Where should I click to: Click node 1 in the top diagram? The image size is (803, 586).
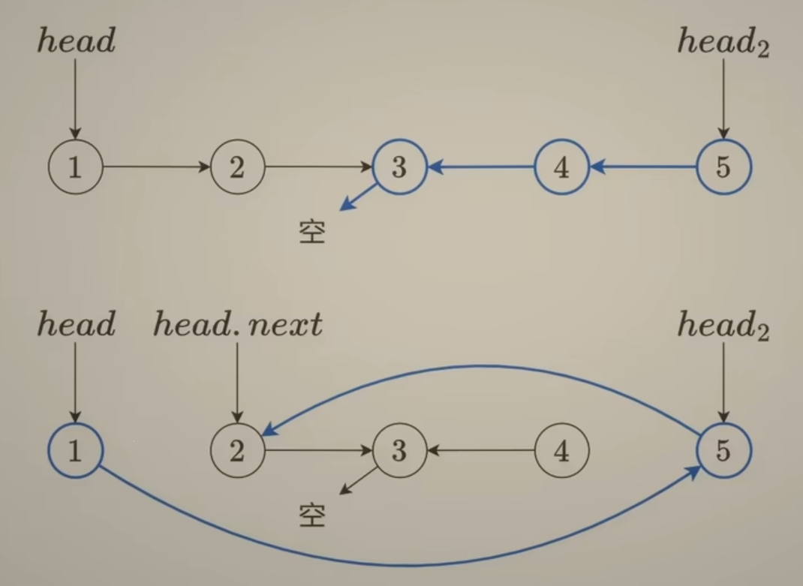point(75,167)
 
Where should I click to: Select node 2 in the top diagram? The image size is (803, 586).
point(237,167)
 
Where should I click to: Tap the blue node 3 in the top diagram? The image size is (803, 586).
point(399,167)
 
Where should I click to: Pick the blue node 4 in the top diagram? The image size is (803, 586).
point(561,167)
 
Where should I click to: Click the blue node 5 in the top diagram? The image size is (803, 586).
point(723,167)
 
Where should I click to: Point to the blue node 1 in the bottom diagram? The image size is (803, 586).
point(75,450)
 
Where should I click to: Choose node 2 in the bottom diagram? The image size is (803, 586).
point(237,450)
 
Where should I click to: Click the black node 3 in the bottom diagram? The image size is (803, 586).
point(399,450)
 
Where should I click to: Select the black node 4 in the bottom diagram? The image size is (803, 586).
point(561,450)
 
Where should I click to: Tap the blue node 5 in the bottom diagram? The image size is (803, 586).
point(723,450)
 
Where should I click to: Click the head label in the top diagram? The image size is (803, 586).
point(76,41)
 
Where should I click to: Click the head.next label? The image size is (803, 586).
point(238,325)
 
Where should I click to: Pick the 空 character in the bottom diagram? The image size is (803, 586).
point(311,515)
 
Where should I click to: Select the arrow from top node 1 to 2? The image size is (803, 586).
point(156,167)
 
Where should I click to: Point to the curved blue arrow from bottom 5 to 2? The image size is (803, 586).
point(480,367)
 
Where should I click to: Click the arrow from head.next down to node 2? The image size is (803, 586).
point(237,383)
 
